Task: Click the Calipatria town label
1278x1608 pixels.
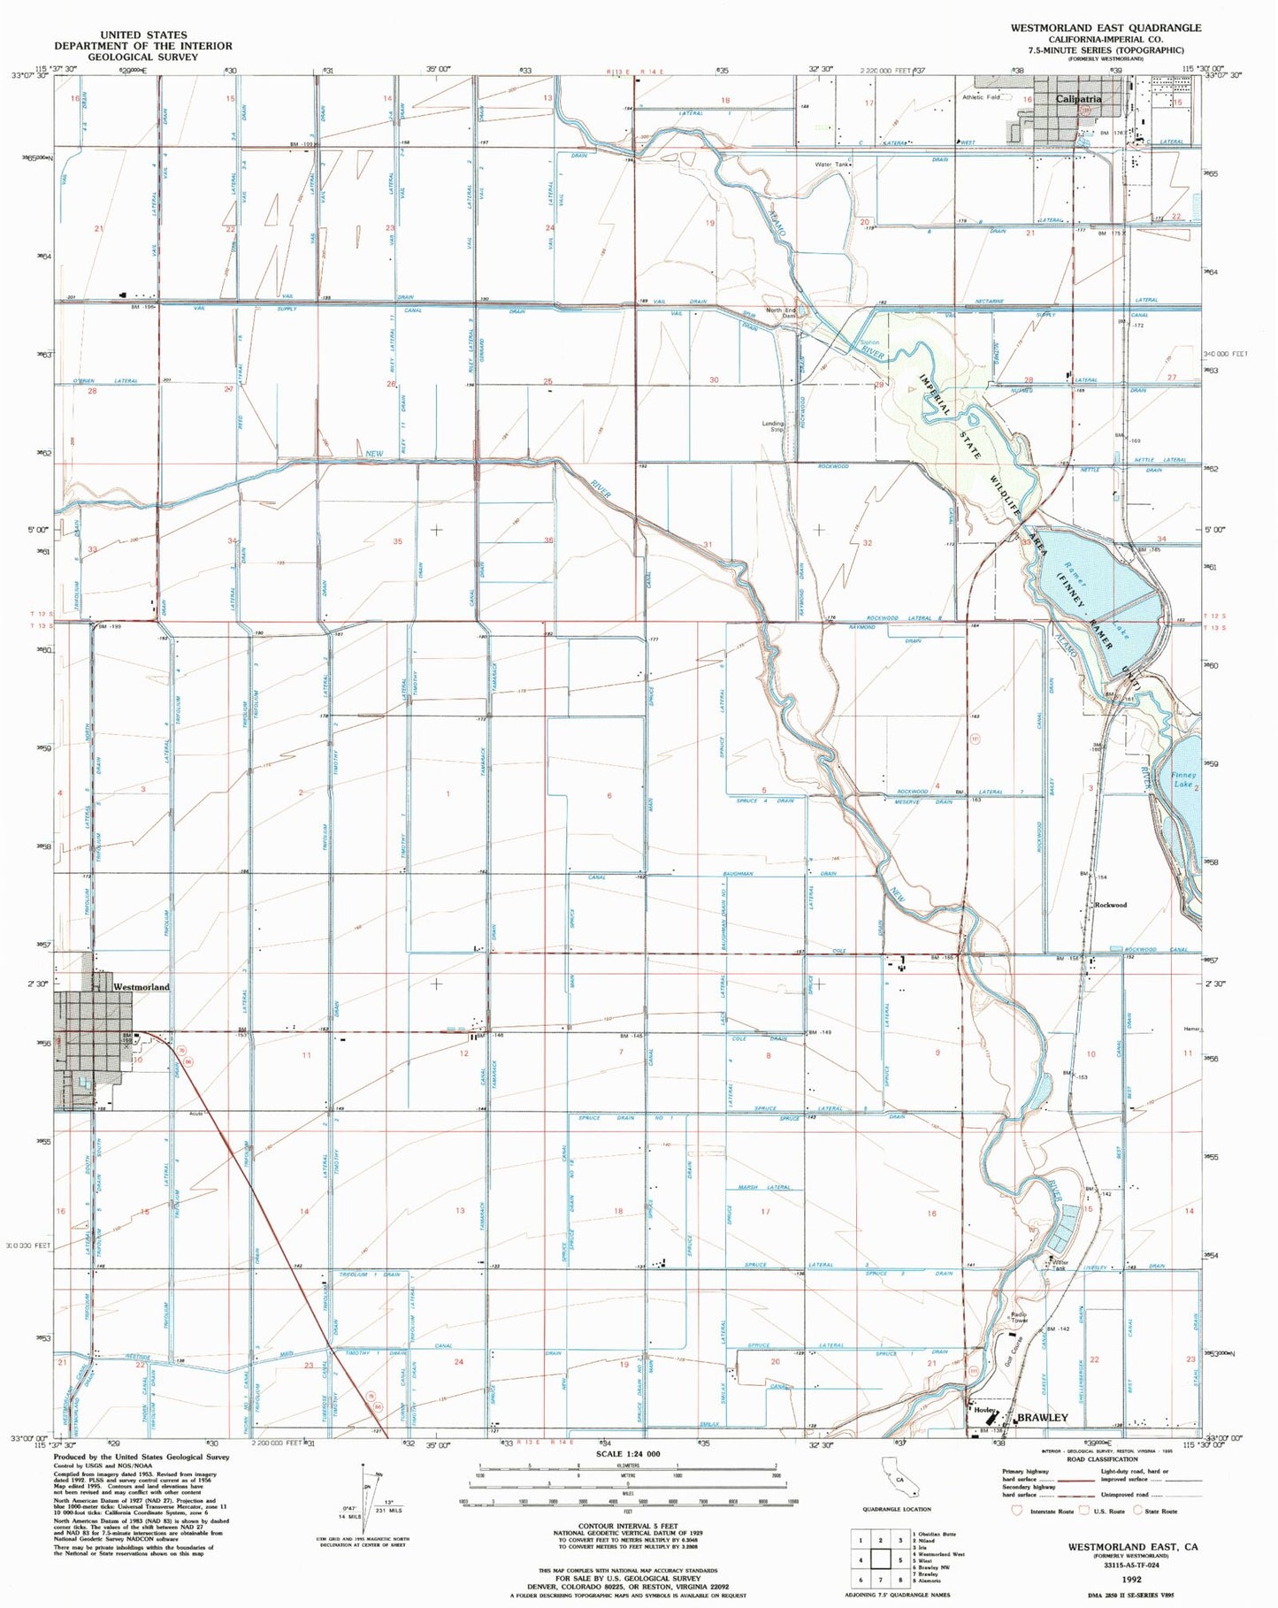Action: pos(1079,99)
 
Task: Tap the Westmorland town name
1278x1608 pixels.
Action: pos(141,986)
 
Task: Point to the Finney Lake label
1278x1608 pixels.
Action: pos(1182,779)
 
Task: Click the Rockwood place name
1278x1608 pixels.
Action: pos(1111,905)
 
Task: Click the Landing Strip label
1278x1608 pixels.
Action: pos(774,425)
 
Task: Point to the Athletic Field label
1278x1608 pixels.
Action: pos(981,97)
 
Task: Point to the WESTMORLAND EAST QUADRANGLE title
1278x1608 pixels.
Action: pos(1106,27)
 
